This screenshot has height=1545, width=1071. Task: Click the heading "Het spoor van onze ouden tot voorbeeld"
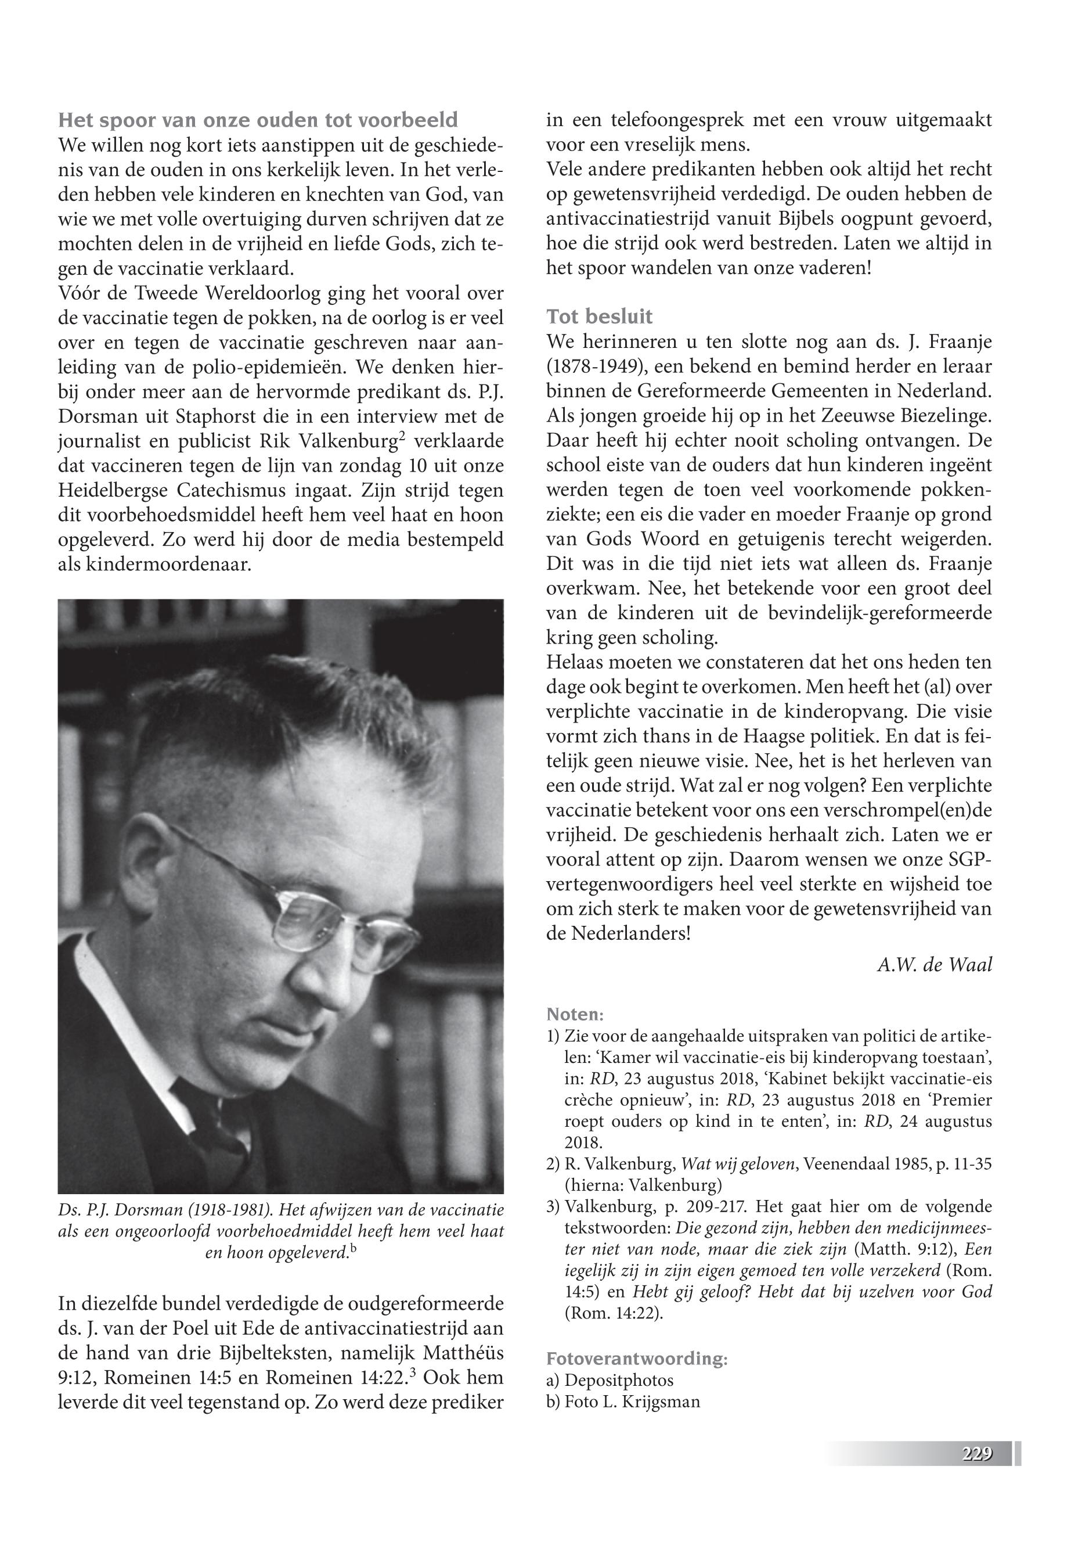point(258,121)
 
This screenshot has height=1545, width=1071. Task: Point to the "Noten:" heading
point(575,1013)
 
